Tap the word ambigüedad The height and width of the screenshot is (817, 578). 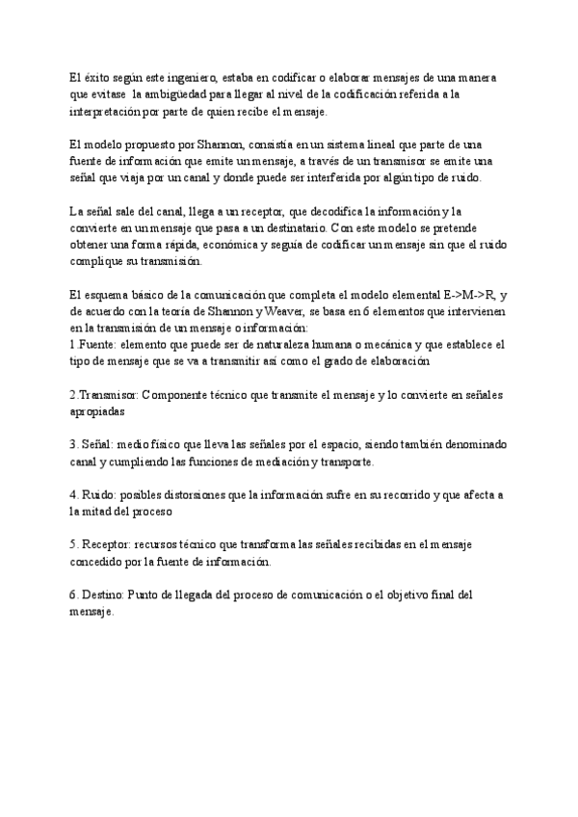(183, 94)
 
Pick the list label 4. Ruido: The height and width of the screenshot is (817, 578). (96, 495)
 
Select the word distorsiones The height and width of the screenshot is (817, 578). (211, 495)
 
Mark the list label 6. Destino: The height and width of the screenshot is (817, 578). (102, 595)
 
